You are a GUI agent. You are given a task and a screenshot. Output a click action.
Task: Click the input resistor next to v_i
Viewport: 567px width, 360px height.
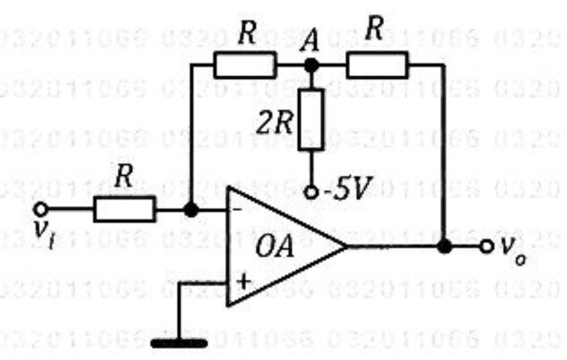click(124, 209)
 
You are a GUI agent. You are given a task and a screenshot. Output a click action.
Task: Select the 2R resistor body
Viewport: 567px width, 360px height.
click(311, 119)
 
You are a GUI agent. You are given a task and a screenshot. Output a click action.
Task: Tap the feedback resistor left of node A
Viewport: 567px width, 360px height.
click(245, 66)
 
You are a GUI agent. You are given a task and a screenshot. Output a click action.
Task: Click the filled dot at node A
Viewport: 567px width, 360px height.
click(311, 65)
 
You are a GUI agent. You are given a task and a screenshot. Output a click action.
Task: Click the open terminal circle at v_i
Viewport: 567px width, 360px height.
click(41, 209)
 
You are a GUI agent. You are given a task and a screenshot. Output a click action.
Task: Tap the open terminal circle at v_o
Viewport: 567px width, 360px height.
click(486, 246)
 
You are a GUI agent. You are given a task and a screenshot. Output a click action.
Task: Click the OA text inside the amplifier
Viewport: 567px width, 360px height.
click(274, 249)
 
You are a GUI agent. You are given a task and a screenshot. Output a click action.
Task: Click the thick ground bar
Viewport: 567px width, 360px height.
click(179, 344)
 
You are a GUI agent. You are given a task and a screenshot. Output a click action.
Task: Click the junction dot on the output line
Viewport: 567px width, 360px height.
click(444, 246)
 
